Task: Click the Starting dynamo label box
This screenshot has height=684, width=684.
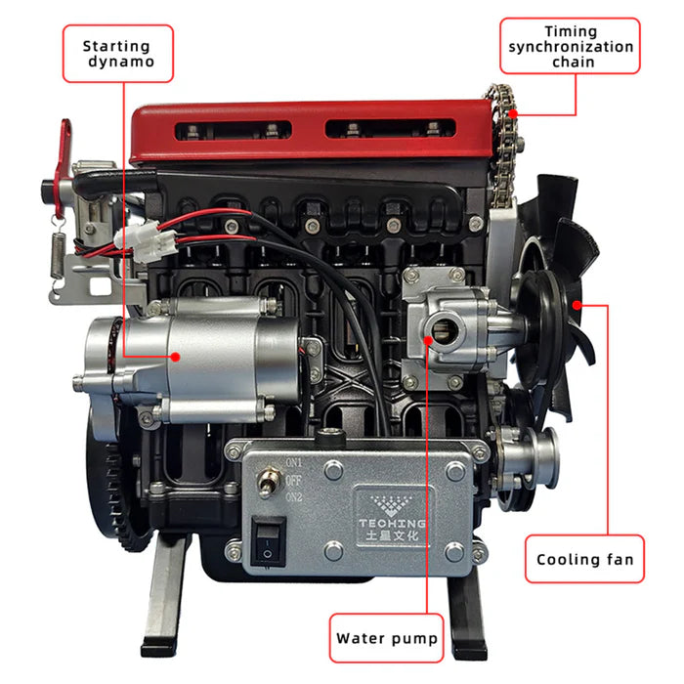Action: coord(117,54)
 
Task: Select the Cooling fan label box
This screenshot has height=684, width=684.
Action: coord(584,559)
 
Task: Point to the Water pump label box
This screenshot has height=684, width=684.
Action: coord(387,639)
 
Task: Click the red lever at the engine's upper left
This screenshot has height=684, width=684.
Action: coord(63,166)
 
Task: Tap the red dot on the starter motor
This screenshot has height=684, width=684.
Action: coord(176,357)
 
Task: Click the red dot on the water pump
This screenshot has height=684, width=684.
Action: coord(429,338)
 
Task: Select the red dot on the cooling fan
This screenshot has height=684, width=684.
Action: coord(577,305)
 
